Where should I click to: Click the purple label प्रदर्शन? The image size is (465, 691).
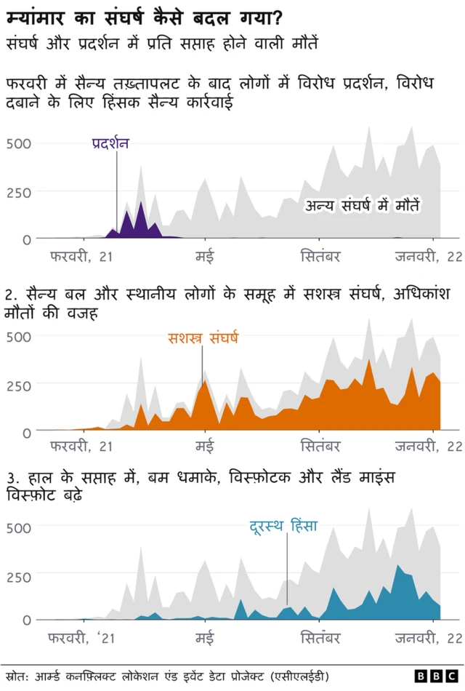tap(111, 143)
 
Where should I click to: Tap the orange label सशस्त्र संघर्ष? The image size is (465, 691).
tap(203, 338)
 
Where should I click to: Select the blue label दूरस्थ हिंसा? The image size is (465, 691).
tap(283, 525)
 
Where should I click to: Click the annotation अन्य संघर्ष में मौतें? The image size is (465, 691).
tap(362, 206)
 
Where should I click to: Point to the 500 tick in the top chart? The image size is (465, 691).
tap(19, 143)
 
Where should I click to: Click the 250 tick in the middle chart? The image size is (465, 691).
tap(19, 385)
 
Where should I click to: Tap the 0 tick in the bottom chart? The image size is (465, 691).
tap(27, 620)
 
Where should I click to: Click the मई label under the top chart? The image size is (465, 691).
tap(205, 255)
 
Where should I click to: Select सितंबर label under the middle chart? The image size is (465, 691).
tap(320, 446)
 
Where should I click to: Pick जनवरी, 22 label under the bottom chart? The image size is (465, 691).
tap(428, 639)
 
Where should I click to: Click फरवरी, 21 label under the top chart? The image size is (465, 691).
tap(82, 255)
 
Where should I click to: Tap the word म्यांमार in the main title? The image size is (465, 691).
tap(36, 15)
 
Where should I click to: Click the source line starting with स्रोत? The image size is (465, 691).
tap(166, 676)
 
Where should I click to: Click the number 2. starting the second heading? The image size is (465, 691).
tap(11, 295)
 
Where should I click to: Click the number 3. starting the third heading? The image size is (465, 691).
tap(11, 479)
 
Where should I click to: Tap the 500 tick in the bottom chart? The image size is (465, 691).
tap(19, 527)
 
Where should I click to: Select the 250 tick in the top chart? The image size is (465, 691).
tap(19, 193)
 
